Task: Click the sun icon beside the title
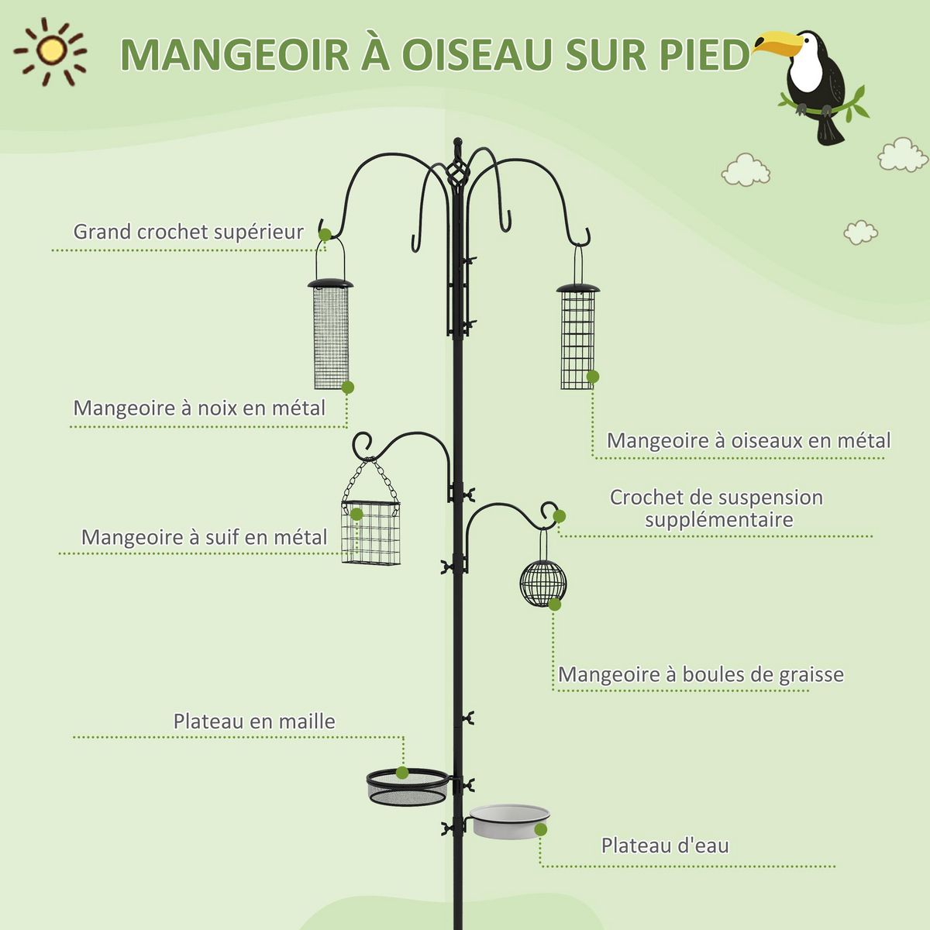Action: click(51, 51)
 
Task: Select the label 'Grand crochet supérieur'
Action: click(188, 232)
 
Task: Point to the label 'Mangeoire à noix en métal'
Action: click(199, 408)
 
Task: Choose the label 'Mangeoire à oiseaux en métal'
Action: click(748, 441)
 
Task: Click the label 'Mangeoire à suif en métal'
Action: click(204, 537)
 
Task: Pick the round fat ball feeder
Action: click(542, 583)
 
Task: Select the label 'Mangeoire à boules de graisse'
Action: click(701, 675)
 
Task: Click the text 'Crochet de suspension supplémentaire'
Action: click(716, 508)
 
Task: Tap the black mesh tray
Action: click(407, 786)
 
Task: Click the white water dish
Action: click(508, 820)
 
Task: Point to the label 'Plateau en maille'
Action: click(254, 722)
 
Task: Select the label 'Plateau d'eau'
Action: click(665, 846)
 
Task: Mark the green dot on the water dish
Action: click(540, 829)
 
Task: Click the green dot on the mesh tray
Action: click(402, 772)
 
